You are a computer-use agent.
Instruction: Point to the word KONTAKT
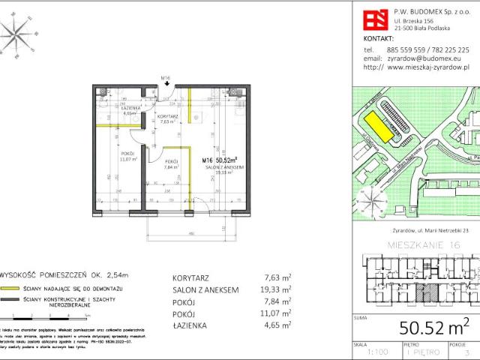(x=379, y=37)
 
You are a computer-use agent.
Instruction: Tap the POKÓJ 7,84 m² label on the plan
(x=170, y=165)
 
